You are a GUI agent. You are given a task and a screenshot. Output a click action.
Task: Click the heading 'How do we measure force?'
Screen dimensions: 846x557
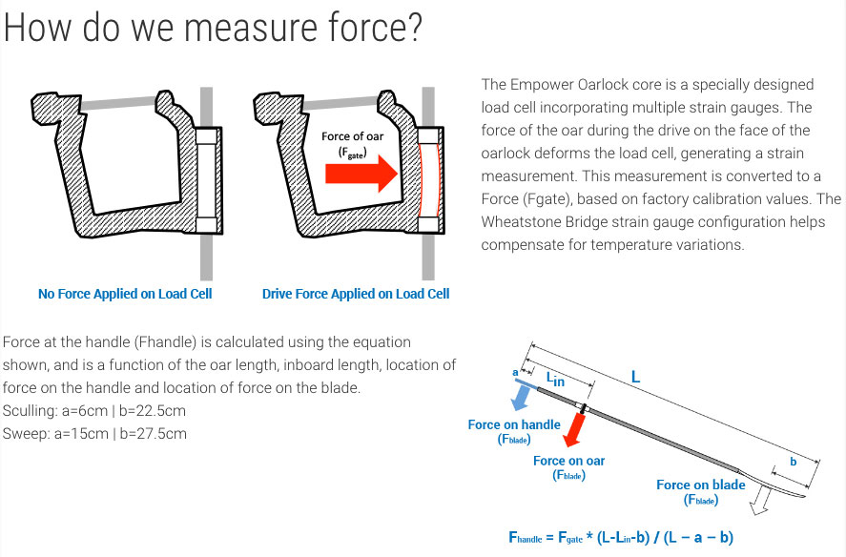pyautogui.click(x=213, y=28)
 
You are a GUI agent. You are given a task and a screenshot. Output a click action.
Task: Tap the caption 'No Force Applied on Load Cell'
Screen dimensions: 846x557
pyautogui.click(x=125, y=294)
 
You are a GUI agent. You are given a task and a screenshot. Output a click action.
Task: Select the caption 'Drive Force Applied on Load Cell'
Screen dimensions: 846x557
pyautogui.click(x=356, y=294)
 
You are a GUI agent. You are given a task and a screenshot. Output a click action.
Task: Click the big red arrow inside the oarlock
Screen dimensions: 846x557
pyautogui.click(x=361, y=174)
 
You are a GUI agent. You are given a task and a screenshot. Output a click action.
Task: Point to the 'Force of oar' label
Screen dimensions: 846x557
pyautogui.click(x=352, y=136)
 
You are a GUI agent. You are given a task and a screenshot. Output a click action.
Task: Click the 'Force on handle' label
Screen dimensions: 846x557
pyautogui.click(x=514, y=424)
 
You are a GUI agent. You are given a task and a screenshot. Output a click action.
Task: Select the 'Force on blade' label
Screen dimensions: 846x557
pyautogui.click(x=701, y=485)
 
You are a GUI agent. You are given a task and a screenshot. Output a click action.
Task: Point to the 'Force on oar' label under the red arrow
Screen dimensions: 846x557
pyautogui.click(x=568, y=461)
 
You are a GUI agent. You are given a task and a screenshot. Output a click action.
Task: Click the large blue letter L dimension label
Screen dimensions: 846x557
pyautogui.click(x=635, y=377)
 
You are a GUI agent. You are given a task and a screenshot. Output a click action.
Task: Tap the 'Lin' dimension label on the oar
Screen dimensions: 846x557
pyautogui.click(x=556, y=380)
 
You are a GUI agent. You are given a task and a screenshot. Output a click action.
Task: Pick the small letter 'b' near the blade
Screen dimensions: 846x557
pyautogui.click(x=794, y=462)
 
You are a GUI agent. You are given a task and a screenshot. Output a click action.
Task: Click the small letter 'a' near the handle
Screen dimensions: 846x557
pyautogui.click(x=515, y=372)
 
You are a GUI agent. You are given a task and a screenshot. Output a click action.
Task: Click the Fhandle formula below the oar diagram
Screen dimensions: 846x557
pyautogui.click(x=621, y=538)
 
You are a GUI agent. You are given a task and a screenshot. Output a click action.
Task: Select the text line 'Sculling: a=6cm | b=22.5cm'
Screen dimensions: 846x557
pyautogui.click(x=93, y=411)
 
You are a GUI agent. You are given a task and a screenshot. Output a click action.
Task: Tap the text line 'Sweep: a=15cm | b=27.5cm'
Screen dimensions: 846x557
pyautogui.click(x=94, y=434)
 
